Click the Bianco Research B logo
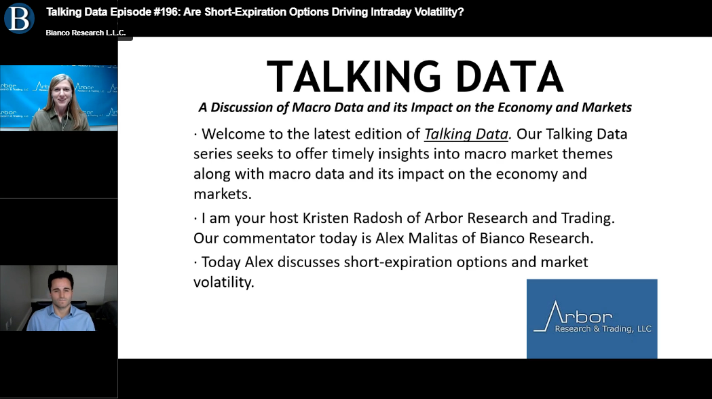tap(19, 18)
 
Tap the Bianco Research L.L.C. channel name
tap(86, 33)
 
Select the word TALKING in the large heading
tap(353, 77)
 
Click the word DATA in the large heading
tap(510, 77)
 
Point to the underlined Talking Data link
tap(466, 134)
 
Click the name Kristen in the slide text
tap(326, 218)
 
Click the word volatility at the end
tap(223, 282)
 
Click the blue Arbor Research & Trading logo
tap(592, 319)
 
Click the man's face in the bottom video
tap(61, 291)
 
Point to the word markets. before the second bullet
tap(223, 194)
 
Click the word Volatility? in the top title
tap(439, 12)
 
